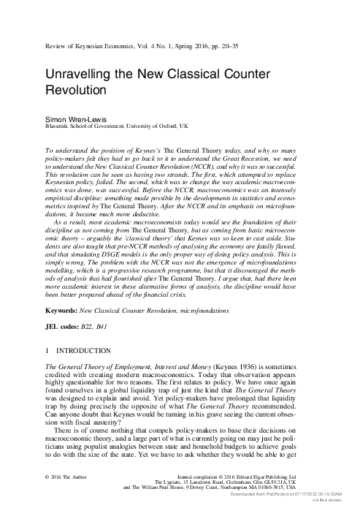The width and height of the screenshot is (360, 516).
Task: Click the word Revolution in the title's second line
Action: coord(77,93)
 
